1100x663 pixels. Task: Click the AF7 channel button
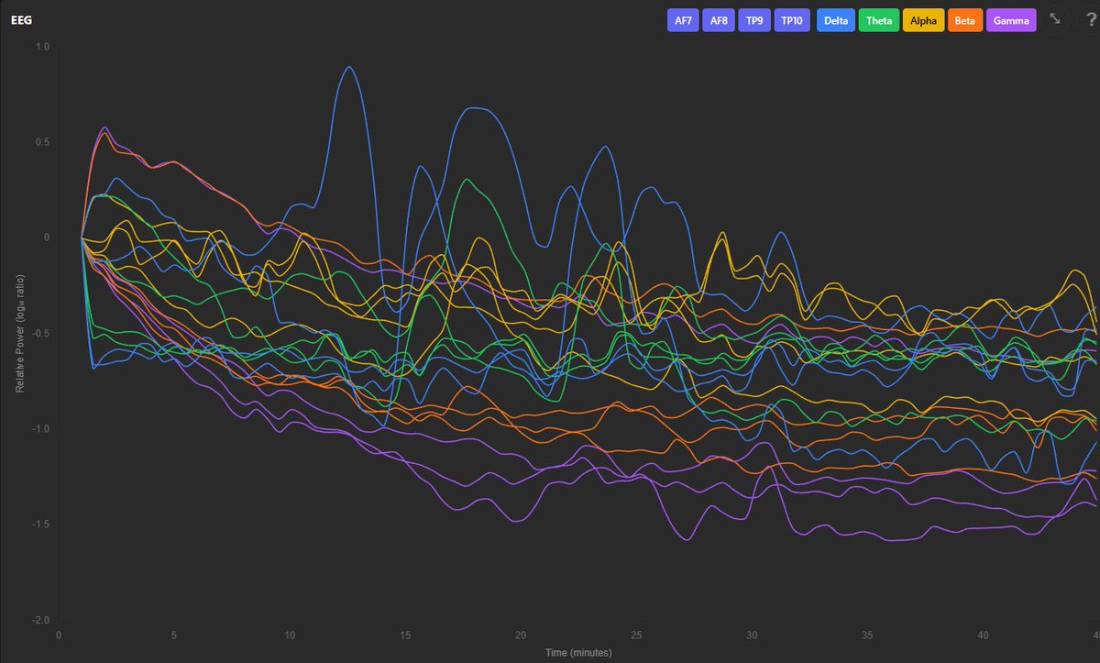(x=683, y=20)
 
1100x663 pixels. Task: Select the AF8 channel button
(x=719, y=20)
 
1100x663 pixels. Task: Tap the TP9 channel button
(x=753, y=20)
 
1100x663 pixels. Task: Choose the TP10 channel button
(x=791, y=20)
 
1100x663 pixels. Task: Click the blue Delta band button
(x=835, y=20)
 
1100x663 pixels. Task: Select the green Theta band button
(x=879, y=20)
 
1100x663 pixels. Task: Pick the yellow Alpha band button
(x=923, y=20)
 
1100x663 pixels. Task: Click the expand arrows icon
(x=1055, y=19)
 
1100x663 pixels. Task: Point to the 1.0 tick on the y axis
(x=43, y=46)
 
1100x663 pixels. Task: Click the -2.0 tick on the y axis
(x=41, y=620)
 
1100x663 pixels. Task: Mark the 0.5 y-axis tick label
(x=43, y=141)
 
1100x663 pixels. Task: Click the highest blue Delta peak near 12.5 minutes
(x=348, y=67)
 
